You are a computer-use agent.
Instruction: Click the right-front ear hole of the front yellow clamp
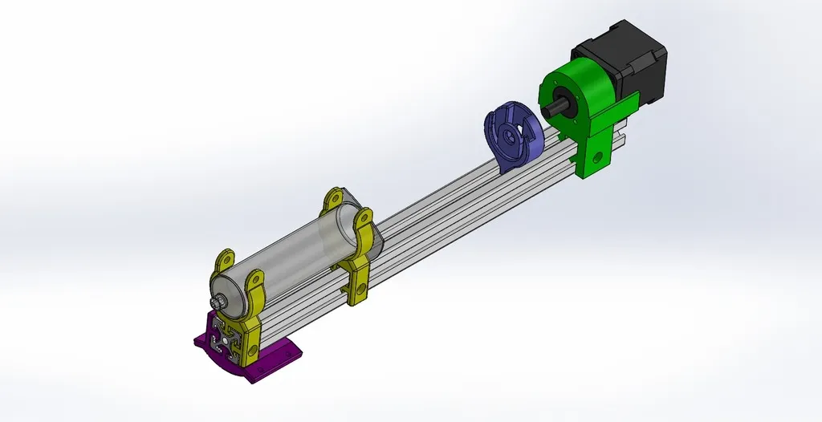pyautogui.click(x=256, y=281)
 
